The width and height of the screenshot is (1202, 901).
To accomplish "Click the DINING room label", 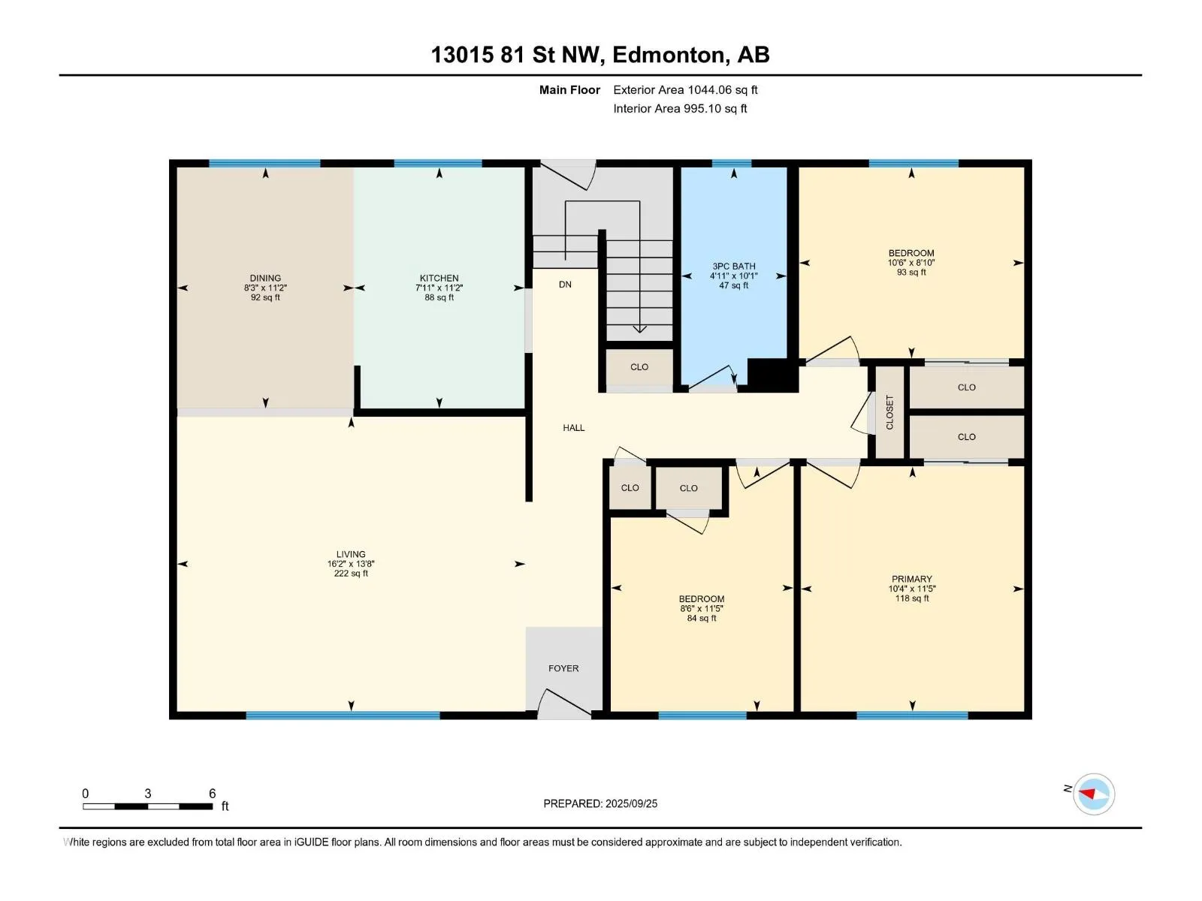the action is coord(265,278).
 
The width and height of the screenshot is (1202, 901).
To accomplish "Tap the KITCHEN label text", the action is coord(439,278).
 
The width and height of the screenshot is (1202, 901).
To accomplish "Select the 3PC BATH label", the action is coord(733,266).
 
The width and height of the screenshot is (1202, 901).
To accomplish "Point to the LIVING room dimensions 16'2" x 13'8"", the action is coord(351,563).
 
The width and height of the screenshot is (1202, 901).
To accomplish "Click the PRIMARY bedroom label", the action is coord(911,579).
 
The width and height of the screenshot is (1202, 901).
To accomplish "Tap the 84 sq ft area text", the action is coord(701,618).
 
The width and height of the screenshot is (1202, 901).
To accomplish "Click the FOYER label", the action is coord(563,668).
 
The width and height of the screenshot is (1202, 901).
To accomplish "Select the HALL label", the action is coord(573,428).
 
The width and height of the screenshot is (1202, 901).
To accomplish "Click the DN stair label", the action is coord(565,285).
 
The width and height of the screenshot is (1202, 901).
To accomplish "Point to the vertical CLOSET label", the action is coord(889,412).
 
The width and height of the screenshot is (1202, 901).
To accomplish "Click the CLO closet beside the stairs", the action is coord(639,367).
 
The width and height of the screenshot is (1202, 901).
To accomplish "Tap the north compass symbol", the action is coord(1093,794).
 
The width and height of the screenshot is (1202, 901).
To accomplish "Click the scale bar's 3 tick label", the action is coord(147,793).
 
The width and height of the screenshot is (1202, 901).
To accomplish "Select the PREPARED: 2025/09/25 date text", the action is coord(599,803).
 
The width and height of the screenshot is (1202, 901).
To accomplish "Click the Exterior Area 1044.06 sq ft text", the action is coord(685,89).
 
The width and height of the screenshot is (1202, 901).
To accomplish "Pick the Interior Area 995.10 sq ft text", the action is coord(680,108).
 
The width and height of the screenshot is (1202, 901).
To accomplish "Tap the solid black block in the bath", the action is coord(771,375).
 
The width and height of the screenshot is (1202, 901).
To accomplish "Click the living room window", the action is coord(343,715).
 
